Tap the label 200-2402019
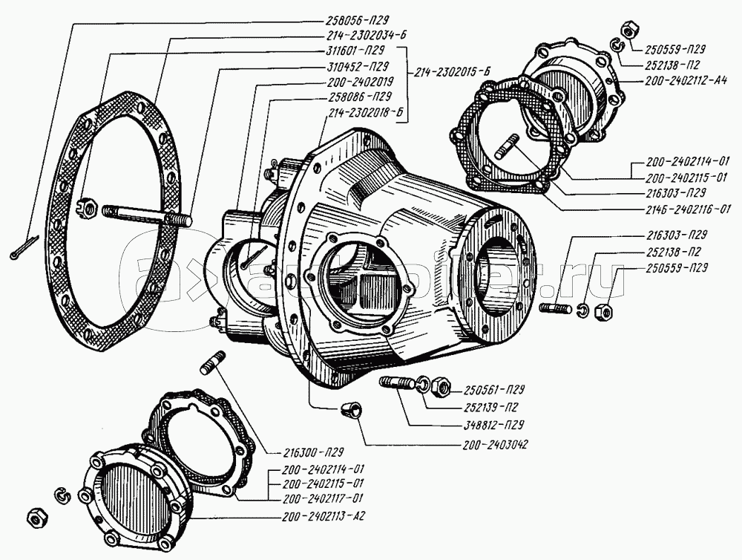point(359,82)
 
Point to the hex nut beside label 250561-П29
point(439,385)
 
